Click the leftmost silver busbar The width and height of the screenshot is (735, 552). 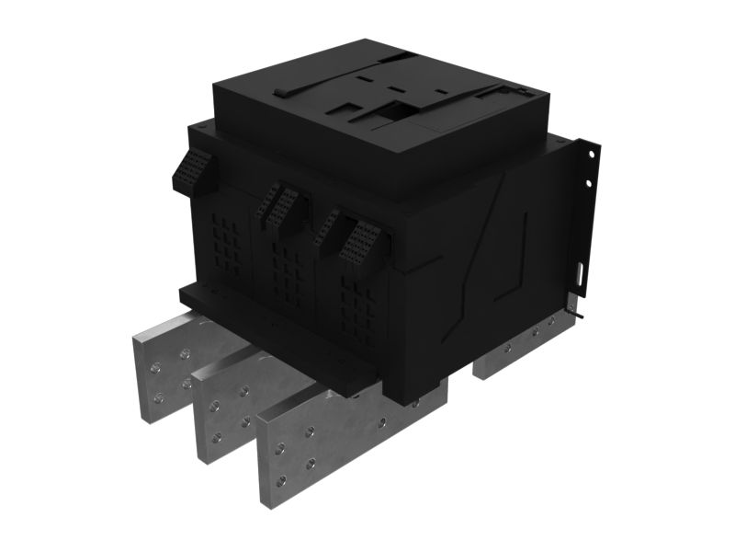point(161,368)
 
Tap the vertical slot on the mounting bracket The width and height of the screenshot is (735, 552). point(580,274)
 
